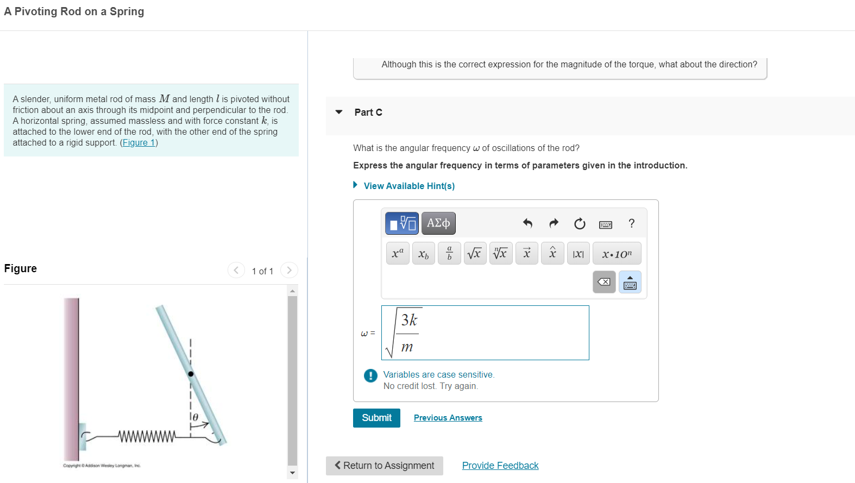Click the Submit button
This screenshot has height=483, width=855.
point(376,418)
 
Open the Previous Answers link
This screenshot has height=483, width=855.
point(448,418)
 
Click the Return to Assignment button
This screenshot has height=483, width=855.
point(384,466)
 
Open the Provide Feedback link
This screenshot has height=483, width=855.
point(500,466)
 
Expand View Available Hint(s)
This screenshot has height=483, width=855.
point(408,186)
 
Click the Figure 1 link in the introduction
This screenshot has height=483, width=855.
point(139,142)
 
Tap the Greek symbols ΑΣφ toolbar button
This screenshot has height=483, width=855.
point(438,223)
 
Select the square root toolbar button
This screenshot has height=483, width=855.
point(475,254)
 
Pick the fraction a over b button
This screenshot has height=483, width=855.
point(449,254)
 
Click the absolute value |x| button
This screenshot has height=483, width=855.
point(578,254)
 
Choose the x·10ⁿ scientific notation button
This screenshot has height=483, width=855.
point(617,254)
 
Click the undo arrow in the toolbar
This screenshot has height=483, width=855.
point(527,223)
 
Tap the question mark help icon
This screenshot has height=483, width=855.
point(631,223)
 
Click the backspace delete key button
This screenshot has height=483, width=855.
point(603,282)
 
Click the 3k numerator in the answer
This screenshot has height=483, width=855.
point(409,320)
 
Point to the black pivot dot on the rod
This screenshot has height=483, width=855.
point(191,374)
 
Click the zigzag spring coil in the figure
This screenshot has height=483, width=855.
point(147,436)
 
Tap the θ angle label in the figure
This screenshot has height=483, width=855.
point(196,417)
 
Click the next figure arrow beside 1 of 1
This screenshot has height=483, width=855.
point(289,270)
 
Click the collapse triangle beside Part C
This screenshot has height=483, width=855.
point(339,112)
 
